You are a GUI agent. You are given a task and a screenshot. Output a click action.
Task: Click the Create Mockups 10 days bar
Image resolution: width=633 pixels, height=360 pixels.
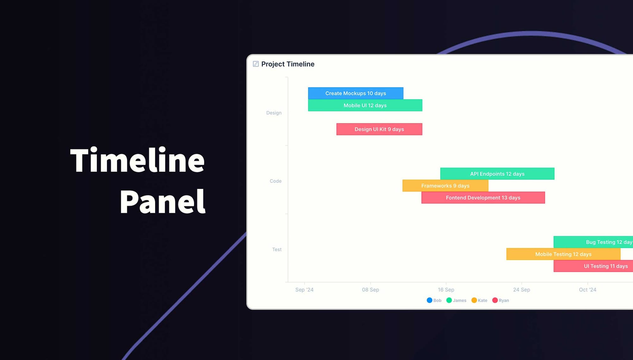355,93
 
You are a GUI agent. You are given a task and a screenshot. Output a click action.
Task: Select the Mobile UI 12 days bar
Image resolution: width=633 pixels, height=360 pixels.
365,105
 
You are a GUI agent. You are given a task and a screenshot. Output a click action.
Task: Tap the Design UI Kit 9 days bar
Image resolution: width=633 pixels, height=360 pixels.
379,129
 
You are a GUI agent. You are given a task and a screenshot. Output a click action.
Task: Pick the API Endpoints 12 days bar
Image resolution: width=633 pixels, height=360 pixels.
497,174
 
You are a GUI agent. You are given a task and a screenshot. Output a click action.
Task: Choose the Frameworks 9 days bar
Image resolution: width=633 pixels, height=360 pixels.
445,186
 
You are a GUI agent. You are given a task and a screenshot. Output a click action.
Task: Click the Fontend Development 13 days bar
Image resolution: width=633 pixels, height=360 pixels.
483,198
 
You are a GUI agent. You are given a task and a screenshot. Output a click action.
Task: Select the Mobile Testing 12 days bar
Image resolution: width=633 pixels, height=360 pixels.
563,254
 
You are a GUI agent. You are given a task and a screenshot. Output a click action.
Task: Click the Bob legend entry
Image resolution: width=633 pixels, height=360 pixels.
434,300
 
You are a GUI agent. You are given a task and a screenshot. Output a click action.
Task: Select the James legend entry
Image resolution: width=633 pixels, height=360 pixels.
456,300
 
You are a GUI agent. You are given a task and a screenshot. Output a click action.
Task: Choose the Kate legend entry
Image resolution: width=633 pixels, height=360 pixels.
479,300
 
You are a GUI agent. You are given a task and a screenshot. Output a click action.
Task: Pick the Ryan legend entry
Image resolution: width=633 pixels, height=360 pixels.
501,300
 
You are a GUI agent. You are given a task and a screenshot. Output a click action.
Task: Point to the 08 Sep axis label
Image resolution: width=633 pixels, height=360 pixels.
370,289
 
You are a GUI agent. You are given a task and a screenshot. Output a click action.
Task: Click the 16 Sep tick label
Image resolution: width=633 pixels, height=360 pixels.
446,289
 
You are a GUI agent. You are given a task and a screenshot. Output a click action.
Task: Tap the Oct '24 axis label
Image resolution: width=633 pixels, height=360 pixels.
587,289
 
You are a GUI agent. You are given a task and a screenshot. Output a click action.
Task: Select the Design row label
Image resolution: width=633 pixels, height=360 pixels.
274,113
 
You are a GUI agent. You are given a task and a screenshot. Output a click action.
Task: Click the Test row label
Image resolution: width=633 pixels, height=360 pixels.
277,249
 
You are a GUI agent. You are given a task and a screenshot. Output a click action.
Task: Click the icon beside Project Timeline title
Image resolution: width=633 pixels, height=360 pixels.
256,64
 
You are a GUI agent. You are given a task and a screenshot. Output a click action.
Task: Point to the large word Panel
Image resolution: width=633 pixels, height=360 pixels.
163,202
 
